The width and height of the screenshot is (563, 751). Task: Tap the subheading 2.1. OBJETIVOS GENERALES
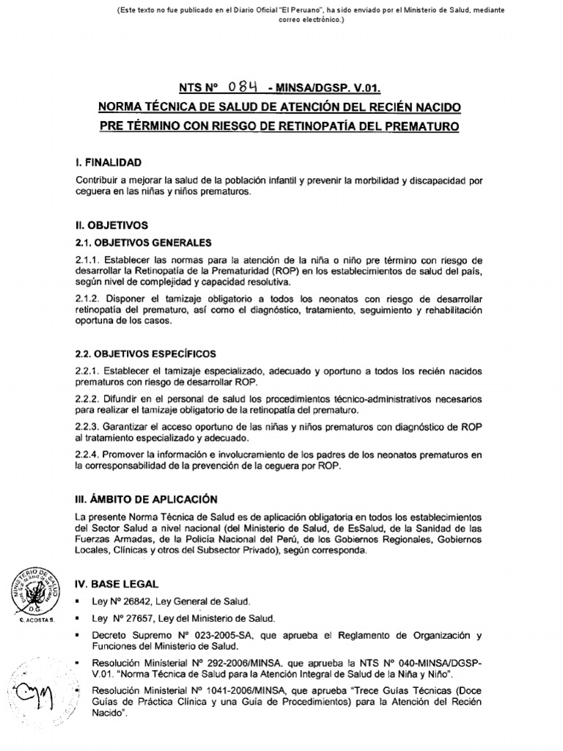tap(143, 241)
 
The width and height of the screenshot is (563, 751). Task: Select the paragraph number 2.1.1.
tap(88, 260)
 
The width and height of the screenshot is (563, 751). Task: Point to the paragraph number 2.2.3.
tap(88, 428)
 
